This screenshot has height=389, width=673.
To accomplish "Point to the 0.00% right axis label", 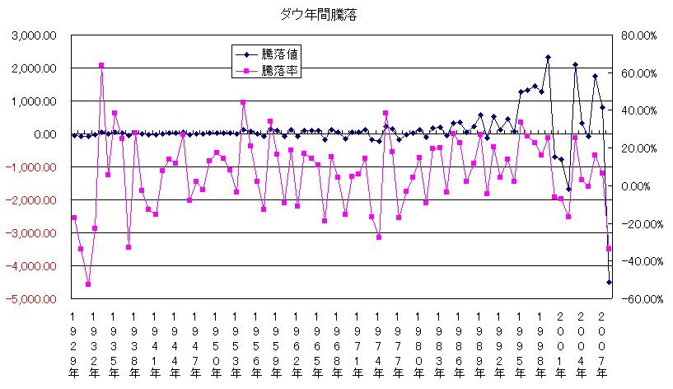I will pos(639,186).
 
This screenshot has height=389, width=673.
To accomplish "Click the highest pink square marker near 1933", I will pos(101,65).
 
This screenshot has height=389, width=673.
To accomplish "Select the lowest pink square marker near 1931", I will pos(88,284).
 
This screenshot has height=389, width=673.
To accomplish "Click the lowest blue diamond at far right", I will pos(610,282).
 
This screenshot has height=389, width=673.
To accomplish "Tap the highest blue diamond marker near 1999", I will pos(548,58).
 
